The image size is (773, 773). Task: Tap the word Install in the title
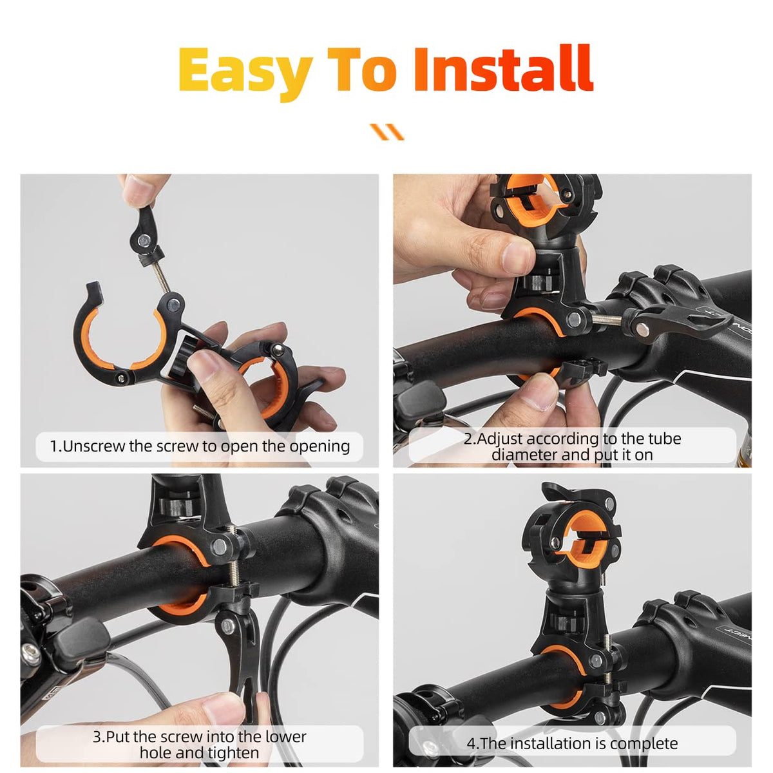click(x=502, y=69)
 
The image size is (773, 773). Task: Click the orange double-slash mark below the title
click(x=386, y=131)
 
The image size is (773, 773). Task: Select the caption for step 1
click(x=200, y=446)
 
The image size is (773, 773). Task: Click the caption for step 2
click(x=572, y=446)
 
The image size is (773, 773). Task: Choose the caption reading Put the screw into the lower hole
click(x=200, y=744)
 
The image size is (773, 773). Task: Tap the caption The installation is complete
click(x=572, y=743)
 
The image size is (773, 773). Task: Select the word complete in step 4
click(x=644, y=743)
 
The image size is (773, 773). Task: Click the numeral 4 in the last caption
click(x=471, y=743)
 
